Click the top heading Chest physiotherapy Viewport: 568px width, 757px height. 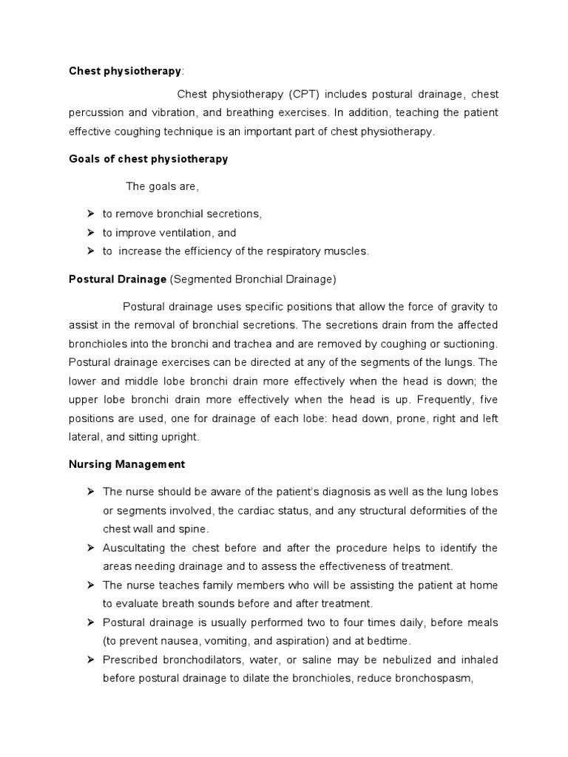coord(124,71)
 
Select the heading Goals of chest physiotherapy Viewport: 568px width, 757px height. coord(148,159)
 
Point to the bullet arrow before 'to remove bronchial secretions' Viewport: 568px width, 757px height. coord(90,214)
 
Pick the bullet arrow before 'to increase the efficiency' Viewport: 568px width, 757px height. coord(90,251)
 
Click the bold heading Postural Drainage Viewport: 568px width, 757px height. coord(117,279)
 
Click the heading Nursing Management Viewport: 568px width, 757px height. coord(126,465)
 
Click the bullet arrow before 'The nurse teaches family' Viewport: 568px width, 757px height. coord(90,585)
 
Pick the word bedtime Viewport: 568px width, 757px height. coord(384,641)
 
